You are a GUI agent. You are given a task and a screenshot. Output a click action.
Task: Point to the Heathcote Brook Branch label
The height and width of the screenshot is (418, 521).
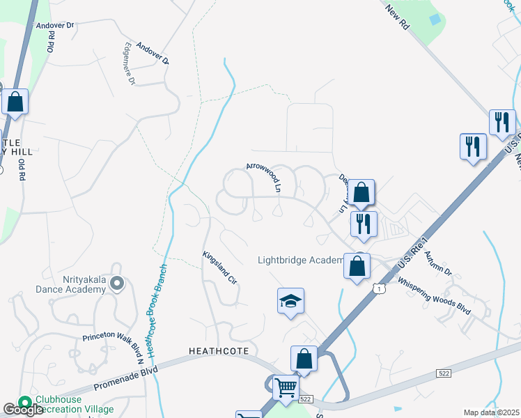(x=156, y=316)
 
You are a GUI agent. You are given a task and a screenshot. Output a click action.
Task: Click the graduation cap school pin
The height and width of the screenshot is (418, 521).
(x=291, y=301)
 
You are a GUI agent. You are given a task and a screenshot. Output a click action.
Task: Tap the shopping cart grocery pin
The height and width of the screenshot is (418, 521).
(x=286, y=387)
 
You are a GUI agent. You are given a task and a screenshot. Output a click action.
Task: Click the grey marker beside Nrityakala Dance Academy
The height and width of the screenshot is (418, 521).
(x=117, y=284)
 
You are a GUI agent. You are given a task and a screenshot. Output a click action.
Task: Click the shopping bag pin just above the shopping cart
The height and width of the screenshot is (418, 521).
(x=304, y=359)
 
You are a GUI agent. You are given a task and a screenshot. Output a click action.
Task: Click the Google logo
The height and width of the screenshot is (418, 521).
(x=23, y=410)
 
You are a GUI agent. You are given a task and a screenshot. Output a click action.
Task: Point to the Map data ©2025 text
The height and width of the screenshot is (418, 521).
(x=491, y=412)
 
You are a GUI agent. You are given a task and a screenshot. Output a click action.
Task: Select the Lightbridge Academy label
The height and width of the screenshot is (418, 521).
(x=301, y=261)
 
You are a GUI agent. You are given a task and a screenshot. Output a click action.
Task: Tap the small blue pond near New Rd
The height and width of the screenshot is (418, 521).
(x=435, y=20)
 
